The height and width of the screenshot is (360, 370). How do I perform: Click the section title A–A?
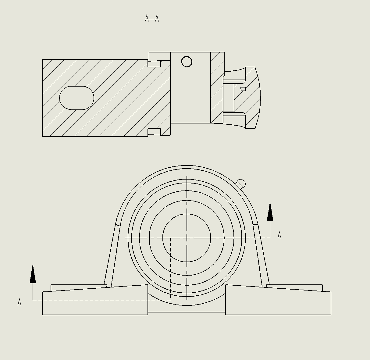click(x=152, y=19)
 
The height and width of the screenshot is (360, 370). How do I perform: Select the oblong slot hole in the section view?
click(x=76, y=98)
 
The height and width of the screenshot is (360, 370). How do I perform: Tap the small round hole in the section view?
click(x=187, y=62)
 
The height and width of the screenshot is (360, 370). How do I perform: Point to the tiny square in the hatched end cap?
click(x=243, y=89)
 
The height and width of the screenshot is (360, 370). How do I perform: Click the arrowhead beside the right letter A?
click(x=270, y=212)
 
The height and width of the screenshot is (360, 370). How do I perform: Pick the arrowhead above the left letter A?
click(x=33, y=274)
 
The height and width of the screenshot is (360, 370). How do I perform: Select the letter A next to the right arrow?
click(x=279, y=236)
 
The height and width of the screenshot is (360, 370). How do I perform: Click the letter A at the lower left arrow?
click(x=20, y=303)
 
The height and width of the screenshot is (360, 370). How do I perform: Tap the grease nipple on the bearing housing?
click(x=241, y=184)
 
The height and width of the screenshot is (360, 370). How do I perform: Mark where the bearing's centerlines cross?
click(x=187, y=238)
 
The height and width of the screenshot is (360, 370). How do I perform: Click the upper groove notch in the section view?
click(x=154, y=64)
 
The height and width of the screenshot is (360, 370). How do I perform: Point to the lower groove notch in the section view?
click(x=154, y=132)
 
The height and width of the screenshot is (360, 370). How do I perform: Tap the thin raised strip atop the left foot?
click(x=78, y=287)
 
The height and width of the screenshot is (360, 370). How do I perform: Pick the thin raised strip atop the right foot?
click(x=295, y=287)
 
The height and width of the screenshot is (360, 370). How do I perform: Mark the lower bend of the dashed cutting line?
click(x=170, y=300)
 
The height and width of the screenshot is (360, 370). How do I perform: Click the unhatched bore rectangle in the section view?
click(x=190, y=91)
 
